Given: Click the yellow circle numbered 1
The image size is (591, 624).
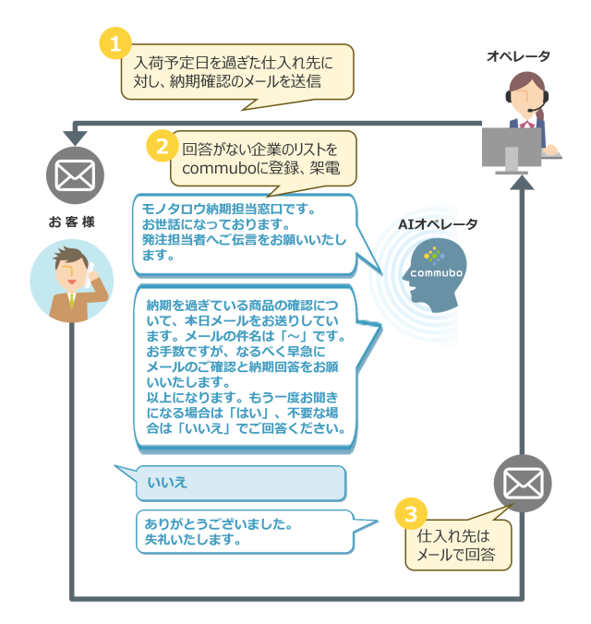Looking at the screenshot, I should click(115, 43).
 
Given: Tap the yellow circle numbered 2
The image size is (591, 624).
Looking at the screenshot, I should click(162, 146).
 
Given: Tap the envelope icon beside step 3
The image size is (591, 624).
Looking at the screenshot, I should click(522, 483).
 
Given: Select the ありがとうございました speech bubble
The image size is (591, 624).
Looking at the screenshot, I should click(245, 532).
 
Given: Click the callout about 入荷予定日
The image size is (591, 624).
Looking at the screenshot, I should click(237, 71).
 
